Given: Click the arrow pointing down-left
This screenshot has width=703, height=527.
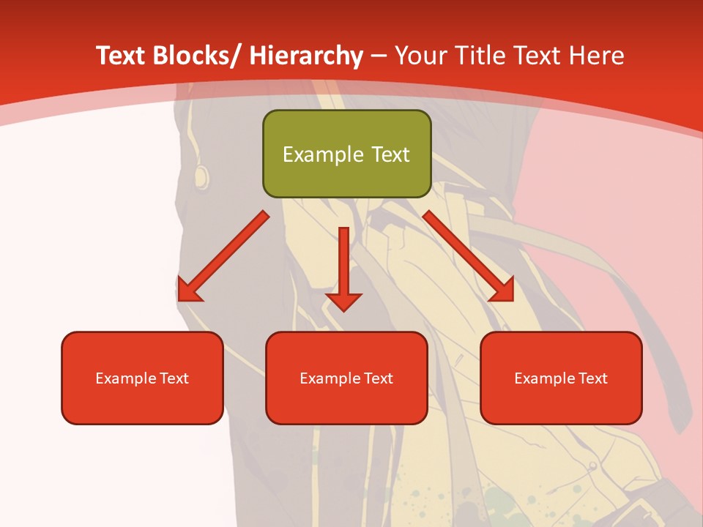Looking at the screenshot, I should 223,256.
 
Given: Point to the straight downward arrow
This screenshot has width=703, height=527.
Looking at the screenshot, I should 344,267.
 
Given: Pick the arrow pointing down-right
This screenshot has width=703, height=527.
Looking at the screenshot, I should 469,256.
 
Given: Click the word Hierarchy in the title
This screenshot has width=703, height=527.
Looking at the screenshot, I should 306,56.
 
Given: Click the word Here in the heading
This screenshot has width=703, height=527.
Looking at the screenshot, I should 598,56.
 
